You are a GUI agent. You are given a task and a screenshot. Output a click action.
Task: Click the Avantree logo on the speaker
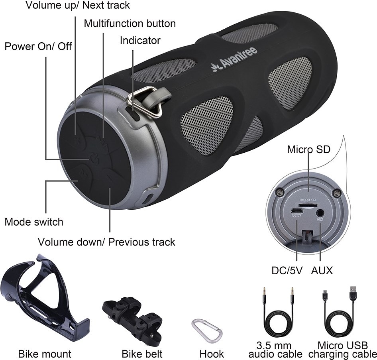tap(234, 59)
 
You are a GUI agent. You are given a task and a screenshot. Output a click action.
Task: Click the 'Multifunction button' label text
tap(130, 24)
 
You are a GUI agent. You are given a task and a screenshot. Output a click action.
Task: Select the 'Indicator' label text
tap(140, 40)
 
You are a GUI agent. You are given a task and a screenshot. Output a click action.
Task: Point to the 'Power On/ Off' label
tap(38, 46)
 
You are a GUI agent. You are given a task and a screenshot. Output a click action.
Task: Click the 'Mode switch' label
tap(34, 222)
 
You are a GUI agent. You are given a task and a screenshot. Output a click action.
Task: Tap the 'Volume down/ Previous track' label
tap(106, 242)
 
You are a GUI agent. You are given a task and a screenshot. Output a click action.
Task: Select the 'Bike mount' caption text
tap(45, 354)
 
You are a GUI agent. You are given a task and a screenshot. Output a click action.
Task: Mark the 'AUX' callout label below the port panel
tap(322, 271)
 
